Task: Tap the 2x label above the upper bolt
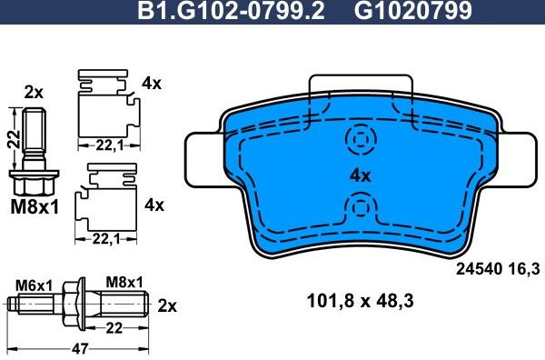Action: tap(34, 92)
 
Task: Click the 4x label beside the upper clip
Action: tap(152, 84)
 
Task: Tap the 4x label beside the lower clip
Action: tap(154, 205)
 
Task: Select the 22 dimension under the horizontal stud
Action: tap(113, 326)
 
